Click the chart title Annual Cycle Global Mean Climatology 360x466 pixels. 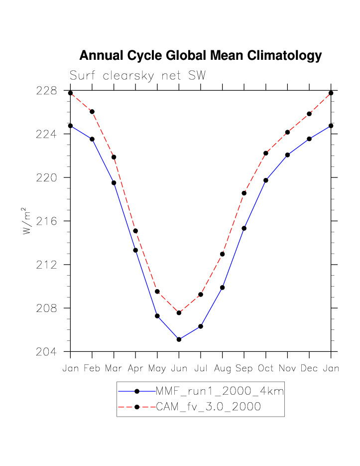pos(200,56)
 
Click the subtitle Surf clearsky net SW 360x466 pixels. pos(137,76)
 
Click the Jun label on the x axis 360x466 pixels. pos(179,369)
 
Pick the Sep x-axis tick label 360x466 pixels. pos(244,369)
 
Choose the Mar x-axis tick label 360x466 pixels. pos(114,369)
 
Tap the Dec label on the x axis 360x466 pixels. pos(309,369)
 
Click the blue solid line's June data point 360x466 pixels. pos(179,339)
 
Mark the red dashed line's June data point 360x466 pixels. pos(179,312)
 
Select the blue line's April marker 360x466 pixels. pos(135,250)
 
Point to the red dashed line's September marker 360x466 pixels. pos(244,193)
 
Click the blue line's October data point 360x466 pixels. pos(266,180)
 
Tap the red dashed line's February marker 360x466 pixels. pos(92,112)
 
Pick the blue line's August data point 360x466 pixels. pos(222,288)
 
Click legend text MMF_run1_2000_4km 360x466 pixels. pos(220,391)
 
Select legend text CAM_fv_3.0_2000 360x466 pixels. pos(208,407)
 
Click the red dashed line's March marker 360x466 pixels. pos(114,157)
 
